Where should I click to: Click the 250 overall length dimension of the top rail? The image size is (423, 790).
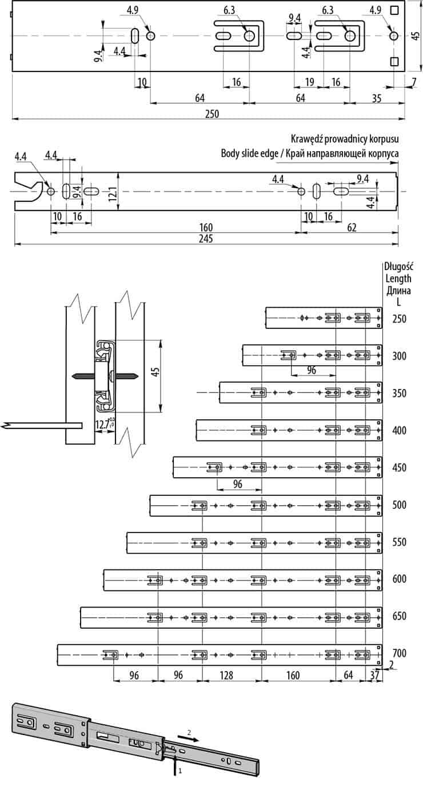point(212,114)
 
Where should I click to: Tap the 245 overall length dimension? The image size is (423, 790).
point(206,239)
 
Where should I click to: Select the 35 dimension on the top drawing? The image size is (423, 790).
point(377,98)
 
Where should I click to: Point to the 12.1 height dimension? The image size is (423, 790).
point(113,193)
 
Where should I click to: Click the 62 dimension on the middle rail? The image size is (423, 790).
point(352,228)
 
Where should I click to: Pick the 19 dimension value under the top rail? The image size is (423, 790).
point(309,82)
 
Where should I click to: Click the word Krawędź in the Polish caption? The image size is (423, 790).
point(306,139)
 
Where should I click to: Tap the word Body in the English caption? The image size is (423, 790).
point(230,153)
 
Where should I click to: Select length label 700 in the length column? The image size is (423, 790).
point(400,653)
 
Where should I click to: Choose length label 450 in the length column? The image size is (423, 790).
point(400,468)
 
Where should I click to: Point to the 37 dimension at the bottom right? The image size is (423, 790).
point(375,676)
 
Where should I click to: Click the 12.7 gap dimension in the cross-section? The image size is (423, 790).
point(102,424)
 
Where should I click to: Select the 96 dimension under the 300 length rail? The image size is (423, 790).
point(312,370)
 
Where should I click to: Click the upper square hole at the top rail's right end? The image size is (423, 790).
point(394,10)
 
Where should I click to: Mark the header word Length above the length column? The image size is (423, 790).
point(398,279)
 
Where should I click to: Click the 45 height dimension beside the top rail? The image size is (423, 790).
point(416,35)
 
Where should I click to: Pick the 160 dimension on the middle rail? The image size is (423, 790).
point(206,228)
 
